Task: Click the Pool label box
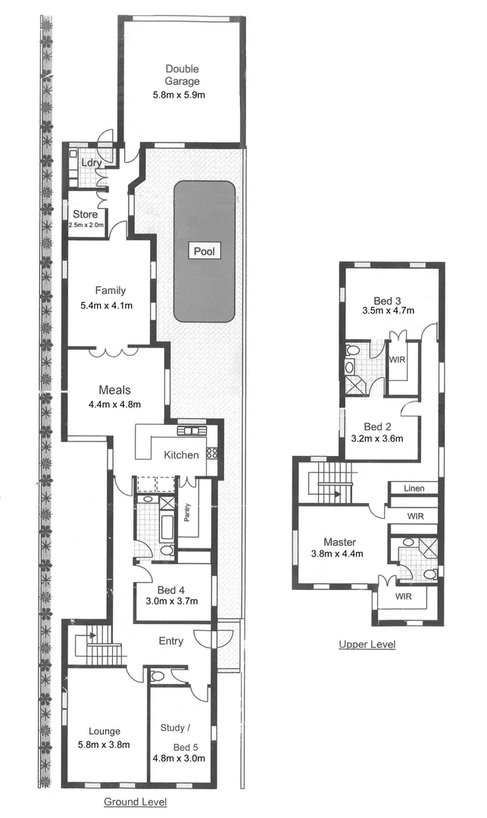click(x=204, y=251)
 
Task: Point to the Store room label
click(x=85, y=214)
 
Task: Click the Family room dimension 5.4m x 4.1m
click(x=106, y=305)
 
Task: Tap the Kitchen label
click(x=182, y=455)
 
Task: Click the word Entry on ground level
click(x=170, y=641)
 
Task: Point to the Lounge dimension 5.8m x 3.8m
click(x=104, y=745)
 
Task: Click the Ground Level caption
click(x=136, y=801)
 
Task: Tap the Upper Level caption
click(x=367, y=645)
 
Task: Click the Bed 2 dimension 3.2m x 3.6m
click(x=376, y=438)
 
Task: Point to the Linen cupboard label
click(x=414, y=489)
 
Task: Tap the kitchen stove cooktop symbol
click(x=213, y=454)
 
